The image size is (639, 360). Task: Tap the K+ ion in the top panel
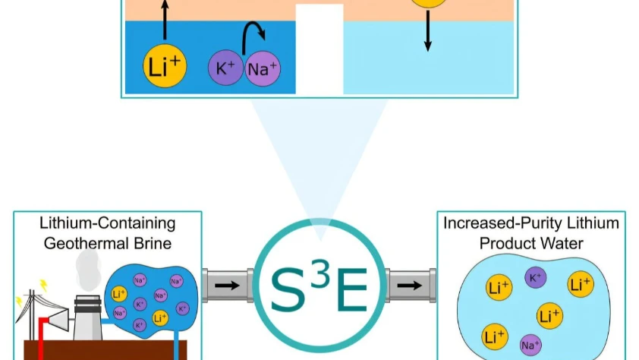pyautogui.click(x=226, y=67)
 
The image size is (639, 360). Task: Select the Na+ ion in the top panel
pyautogui.click(x=262, y=69)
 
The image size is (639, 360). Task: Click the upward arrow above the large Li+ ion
pyautogui.click(x=164, y=19)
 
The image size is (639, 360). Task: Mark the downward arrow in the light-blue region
pyautogui.click(x=427, y=35)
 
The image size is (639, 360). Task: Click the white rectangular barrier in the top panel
pyautogui.click(x=319, y=49)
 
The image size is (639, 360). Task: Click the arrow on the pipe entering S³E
pyautogui.click(x=225, y=286)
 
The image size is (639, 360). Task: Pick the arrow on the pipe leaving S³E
pyautogui.click(x=409, y=286)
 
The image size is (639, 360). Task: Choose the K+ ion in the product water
pyautogui.click(x=535, y=278)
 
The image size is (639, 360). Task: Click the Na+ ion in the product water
pyautogui.click(x=530, y=346)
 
